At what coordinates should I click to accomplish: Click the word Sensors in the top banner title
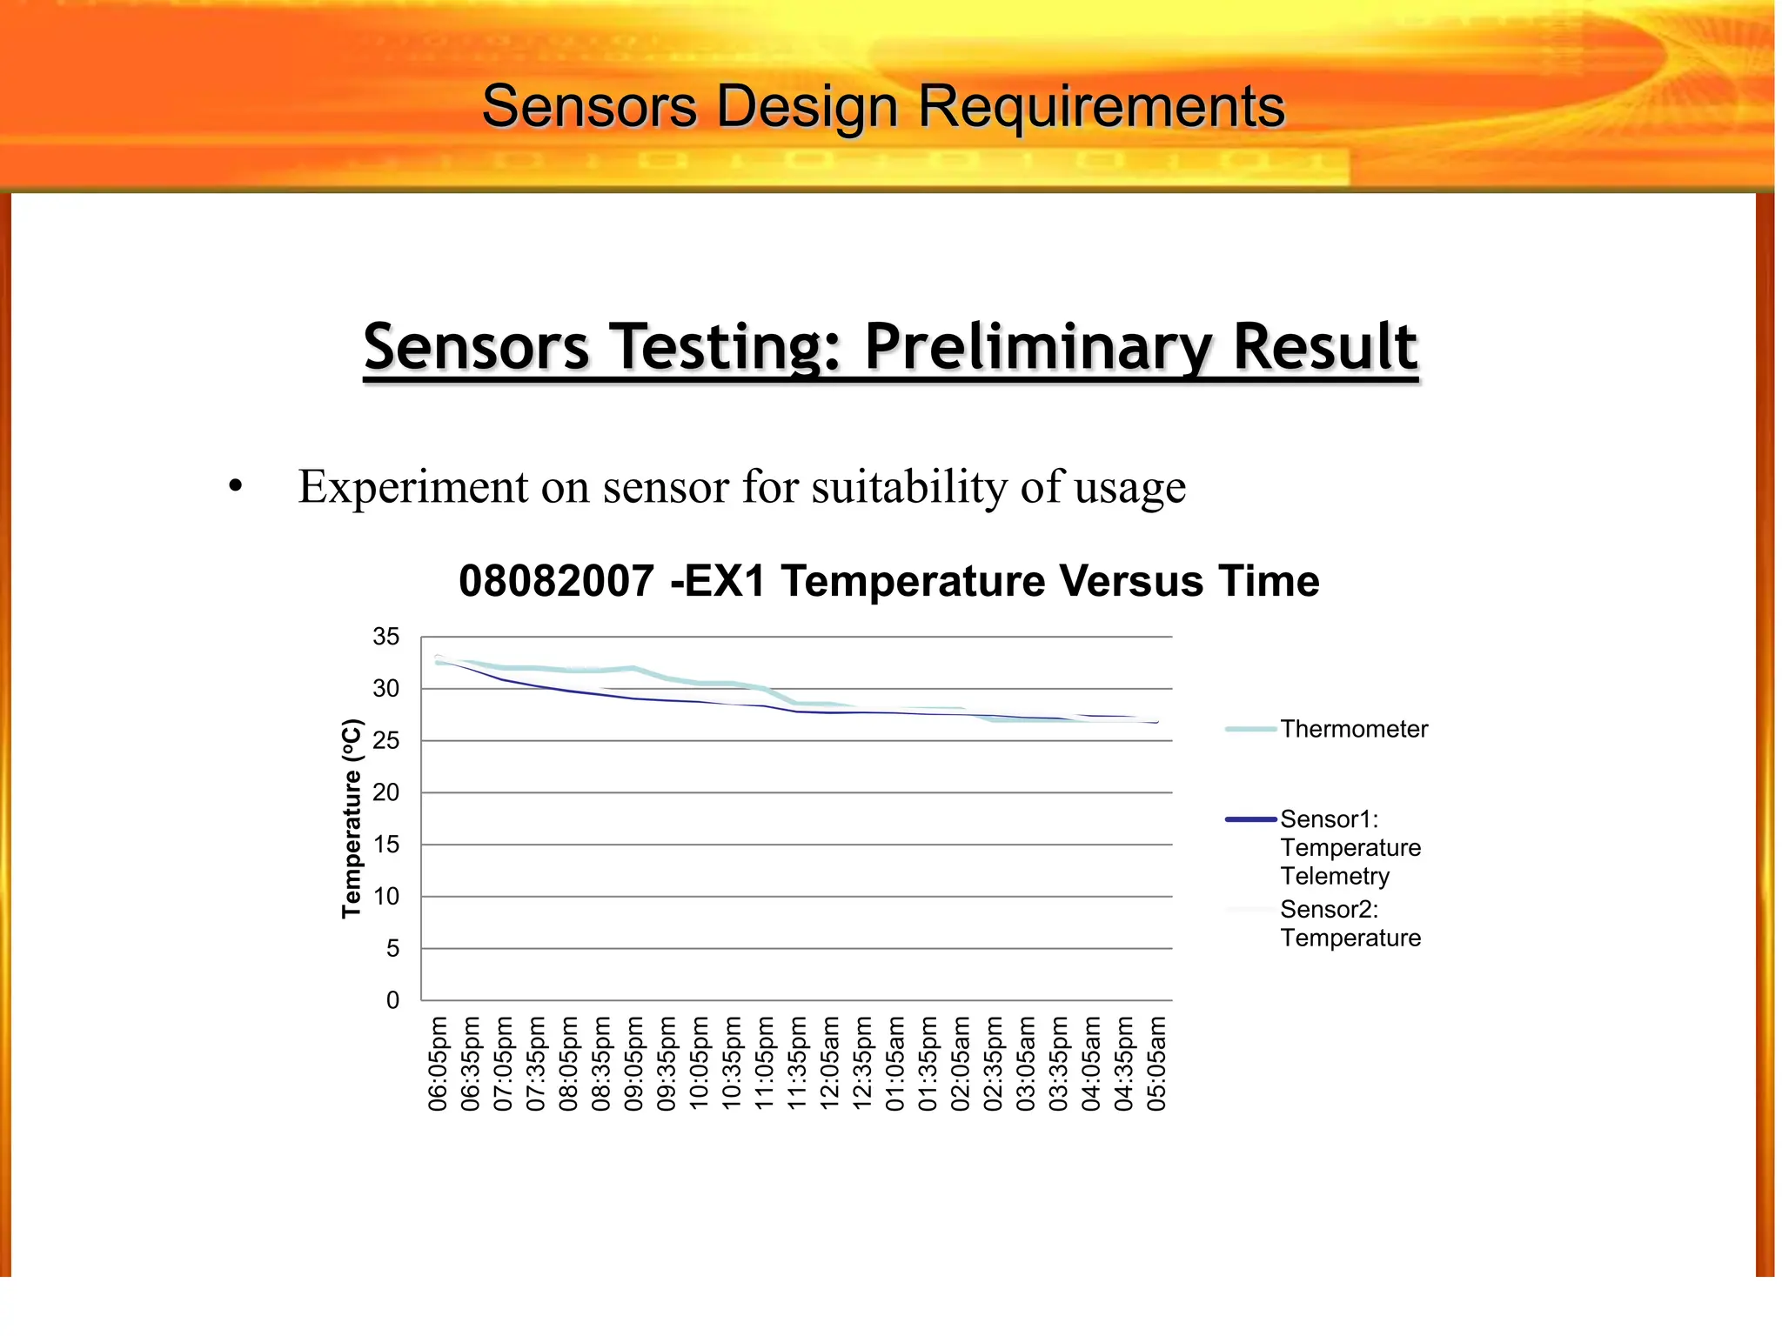point(589,107)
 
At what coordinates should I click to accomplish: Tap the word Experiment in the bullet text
point(412,486)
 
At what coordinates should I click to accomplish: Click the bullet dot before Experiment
point(235,487)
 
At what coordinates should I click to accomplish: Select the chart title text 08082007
point(556,581)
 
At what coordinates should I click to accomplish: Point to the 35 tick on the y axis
point(385,637)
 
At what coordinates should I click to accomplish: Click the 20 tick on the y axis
point(385,792)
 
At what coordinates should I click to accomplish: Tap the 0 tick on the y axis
point(392,1000)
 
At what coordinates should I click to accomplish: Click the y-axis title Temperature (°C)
point(351,818)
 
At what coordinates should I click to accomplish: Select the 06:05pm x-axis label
point(438,1063)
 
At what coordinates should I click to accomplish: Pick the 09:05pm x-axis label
point(633,1063)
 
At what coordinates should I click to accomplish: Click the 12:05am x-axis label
point(830,1063)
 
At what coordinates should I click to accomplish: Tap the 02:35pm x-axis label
point(993,1063)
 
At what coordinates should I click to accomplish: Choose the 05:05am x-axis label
point(1156,1063)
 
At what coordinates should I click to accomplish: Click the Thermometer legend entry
point(1353,729)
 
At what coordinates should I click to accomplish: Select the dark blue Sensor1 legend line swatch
point(1250,819)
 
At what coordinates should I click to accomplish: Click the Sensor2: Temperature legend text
point(1350,924)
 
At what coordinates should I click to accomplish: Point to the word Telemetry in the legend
point(1334,876)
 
